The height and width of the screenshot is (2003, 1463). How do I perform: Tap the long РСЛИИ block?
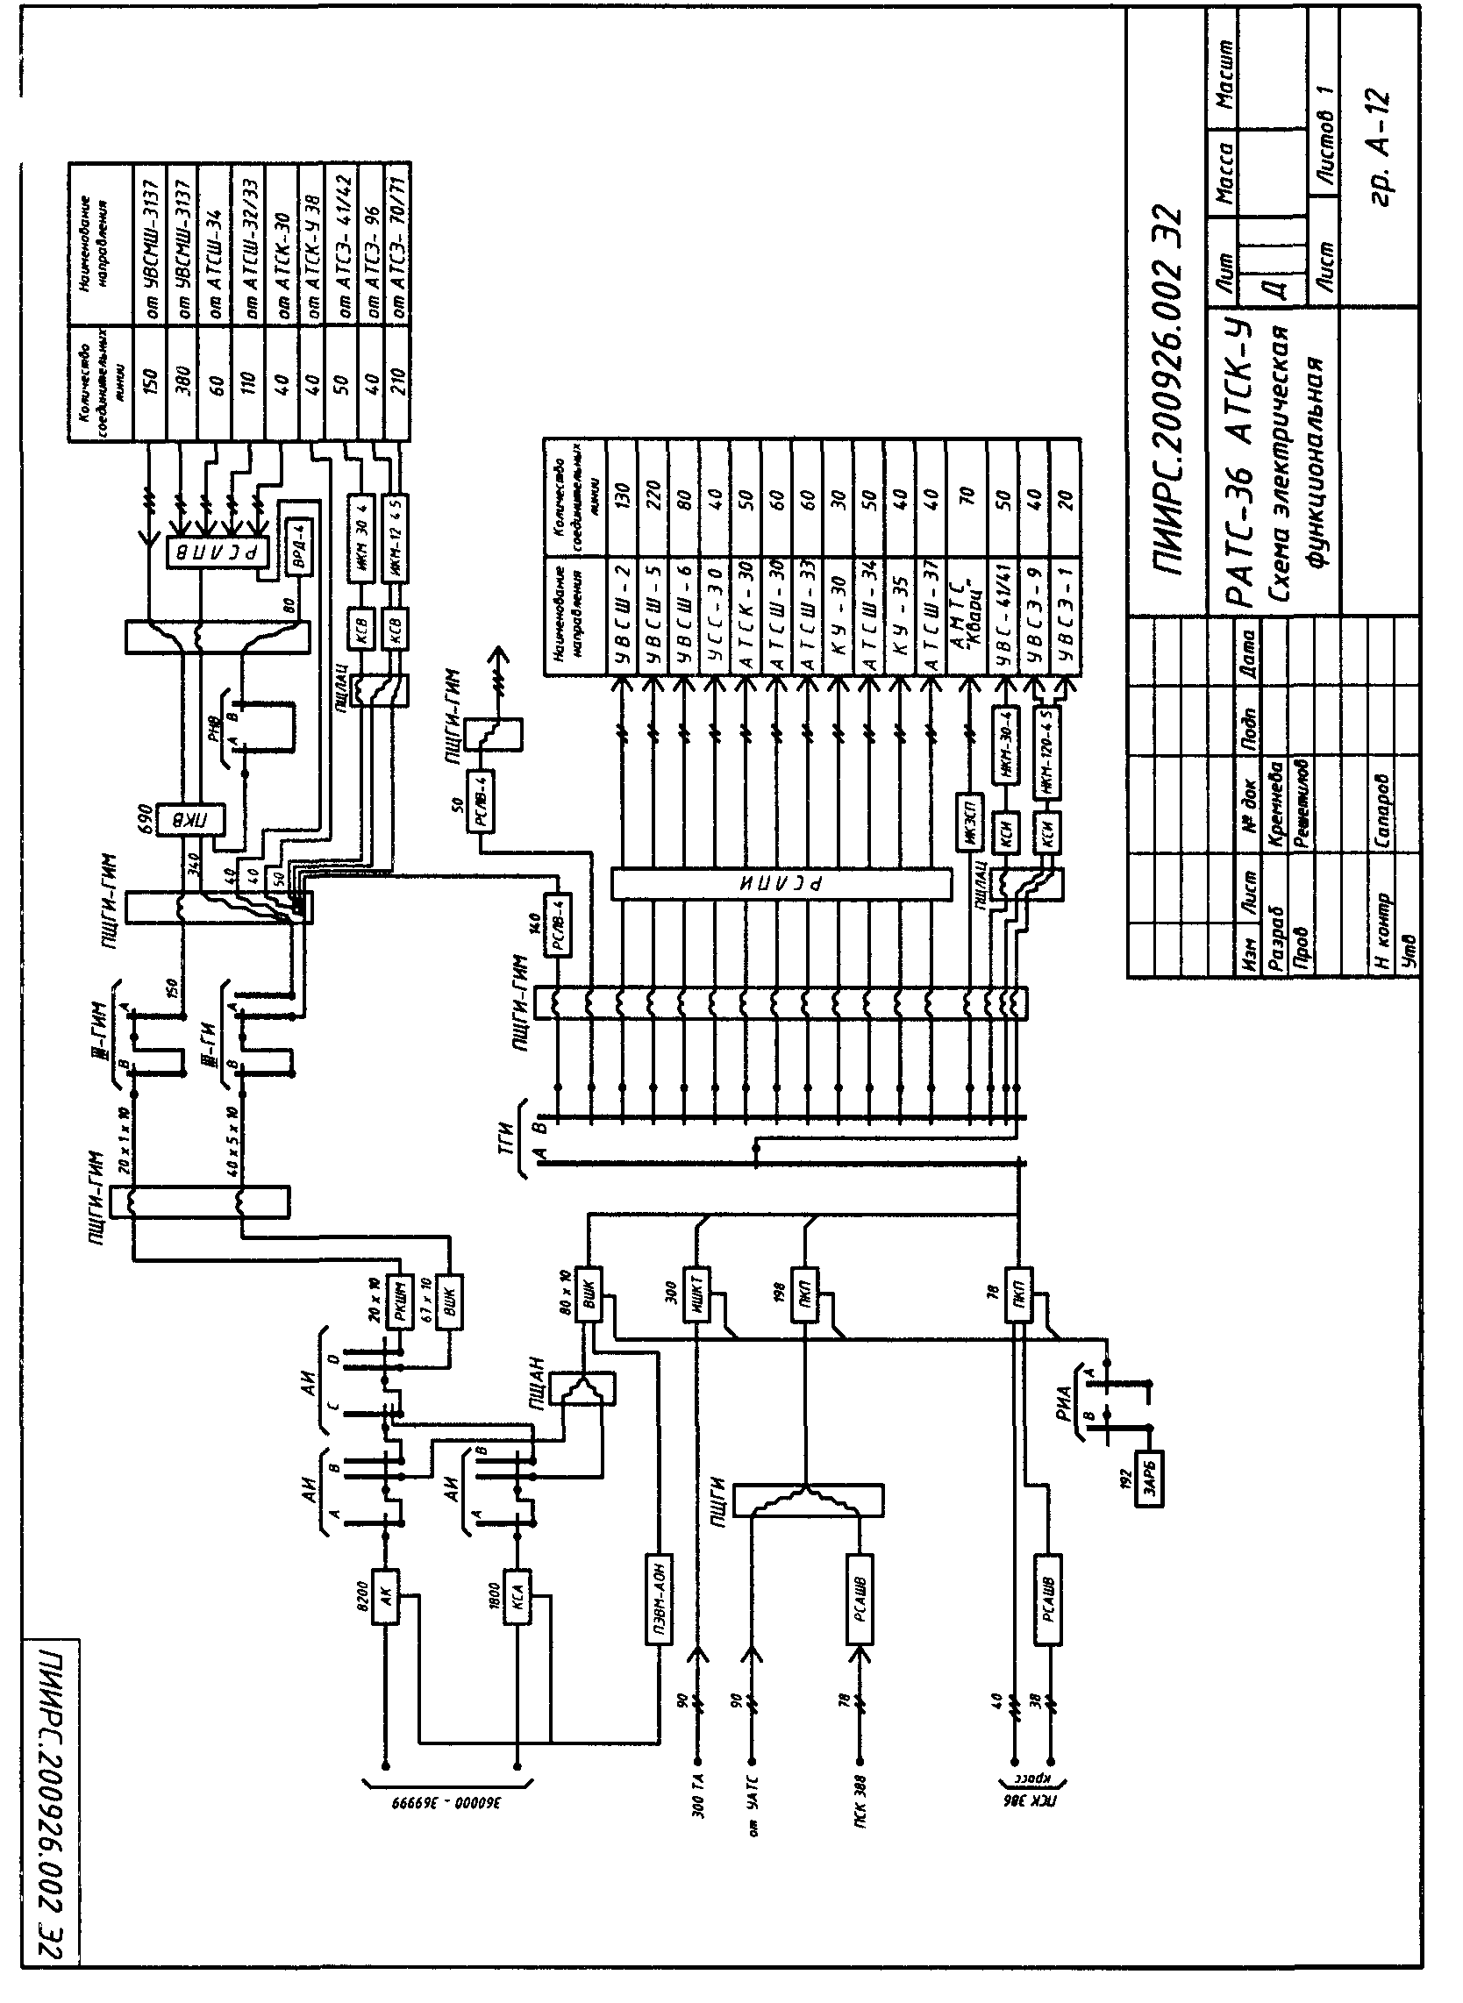tap(782, 884)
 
